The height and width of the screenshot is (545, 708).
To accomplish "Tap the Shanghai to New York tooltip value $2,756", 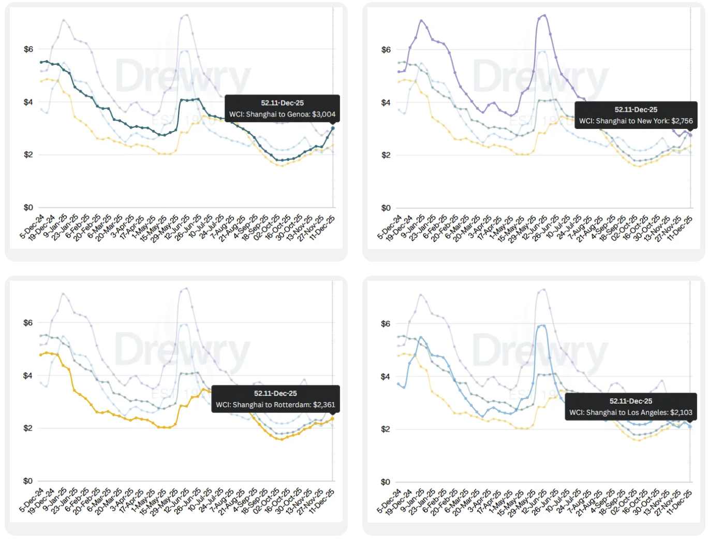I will pyautogui.click(x=682, y=121).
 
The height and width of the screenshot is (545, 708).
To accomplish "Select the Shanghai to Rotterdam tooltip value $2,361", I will pyautogui.click(x=324, y=405).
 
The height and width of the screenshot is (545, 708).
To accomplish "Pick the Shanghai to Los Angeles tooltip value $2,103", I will pyautogui.click(x=681, y=413).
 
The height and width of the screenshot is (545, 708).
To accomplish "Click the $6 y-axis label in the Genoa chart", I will pyautogui.click(x=28, y=49).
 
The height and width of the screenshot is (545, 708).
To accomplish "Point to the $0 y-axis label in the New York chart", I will pyautogui.click(x=386, y=208).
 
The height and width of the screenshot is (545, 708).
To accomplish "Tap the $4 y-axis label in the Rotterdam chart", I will pyautogui.click(x=28, y=376).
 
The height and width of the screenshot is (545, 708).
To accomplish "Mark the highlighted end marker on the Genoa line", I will pyautogui.click(x=333, y=128).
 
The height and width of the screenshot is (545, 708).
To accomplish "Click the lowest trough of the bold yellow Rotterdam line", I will pyautogui.click(x=281, y=439).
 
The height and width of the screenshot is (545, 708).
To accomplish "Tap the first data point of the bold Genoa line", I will pyautogui.click(x=41, y=62).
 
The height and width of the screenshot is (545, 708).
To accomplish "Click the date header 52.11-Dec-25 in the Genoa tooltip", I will pyautogui.click(x=282, y=103).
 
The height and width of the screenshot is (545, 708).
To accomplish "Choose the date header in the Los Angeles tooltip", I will pyautogui.click(x=630, y=401).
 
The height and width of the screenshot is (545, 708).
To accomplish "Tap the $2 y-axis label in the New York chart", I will pyautogui.click(x=386, y=155).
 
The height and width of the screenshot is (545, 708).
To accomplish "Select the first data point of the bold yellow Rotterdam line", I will pyautogui.click(x=41, y=355).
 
